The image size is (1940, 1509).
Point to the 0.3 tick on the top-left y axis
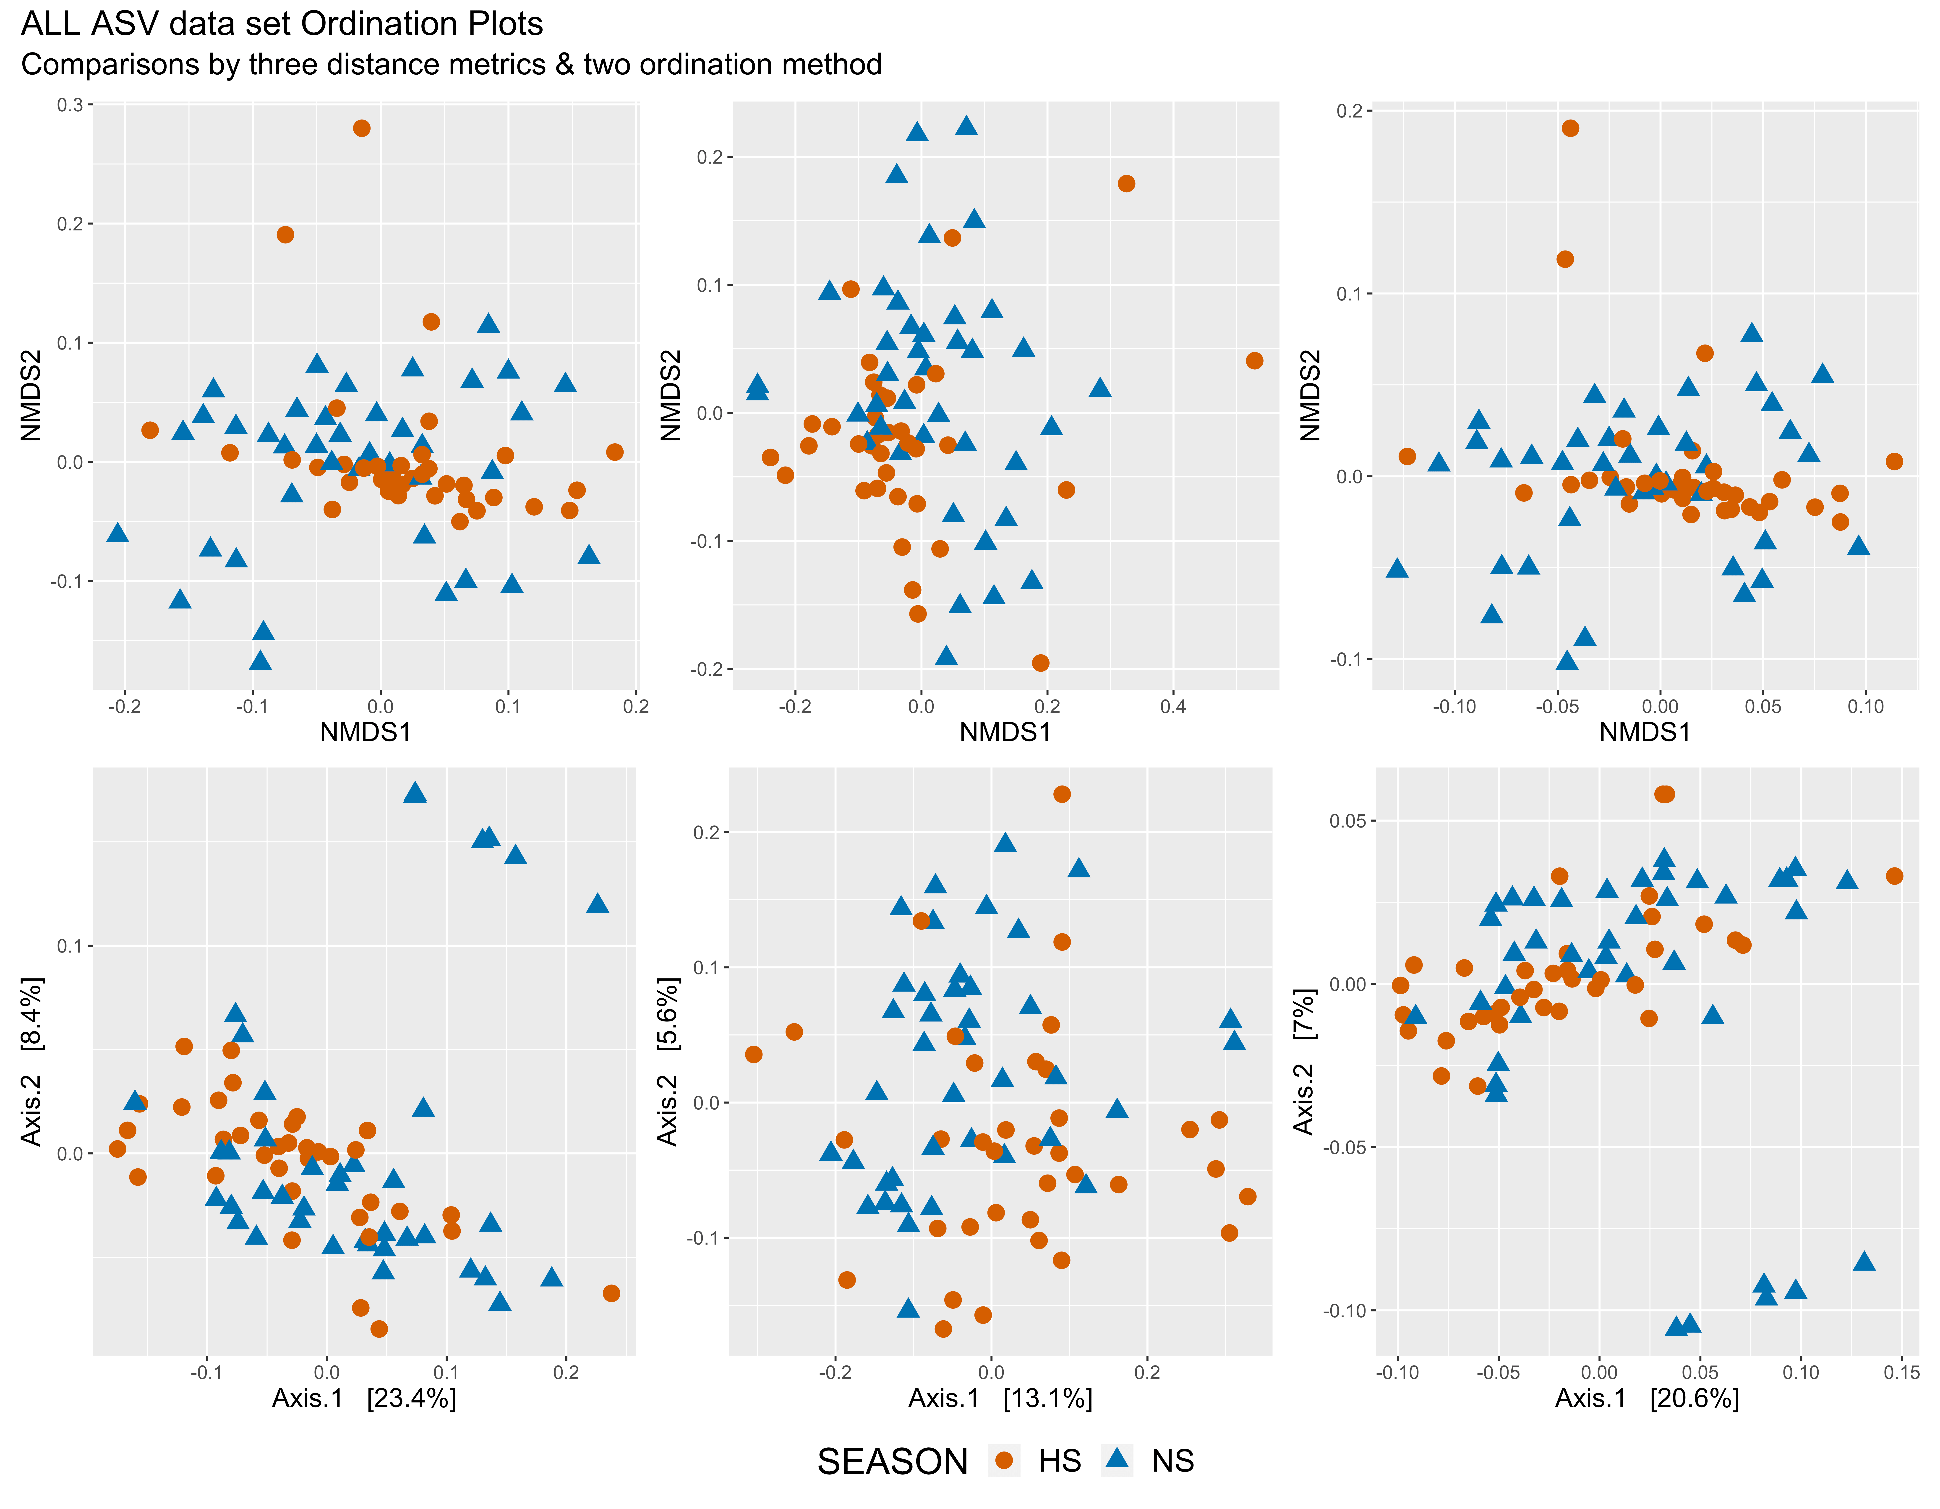pos(70,105)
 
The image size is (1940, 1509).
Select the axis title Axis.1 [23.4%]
pos(364,1399)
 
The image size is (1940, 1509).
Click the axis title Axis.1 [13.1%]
pos(1000,1399)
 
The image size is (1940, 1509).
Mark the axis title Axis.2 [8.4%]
pos(31,1061)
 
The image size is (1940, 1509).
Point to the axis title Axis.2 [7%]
pos(1303,1061)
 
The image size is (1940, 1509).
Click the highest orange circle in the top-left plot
pos(362,128)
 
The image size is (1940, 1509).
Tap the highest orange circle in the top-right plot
pos(1570,128)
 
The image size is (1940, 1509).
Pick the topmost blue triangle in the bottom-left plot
pos(415,792)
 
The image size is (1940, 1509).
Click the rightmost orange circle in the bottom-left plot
pos(611,1293)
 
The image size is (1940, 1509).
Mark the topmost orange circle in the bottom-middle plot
pos(1062,794)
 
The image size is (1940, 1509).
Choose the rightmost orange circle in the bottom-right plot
pos(1895,876)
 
